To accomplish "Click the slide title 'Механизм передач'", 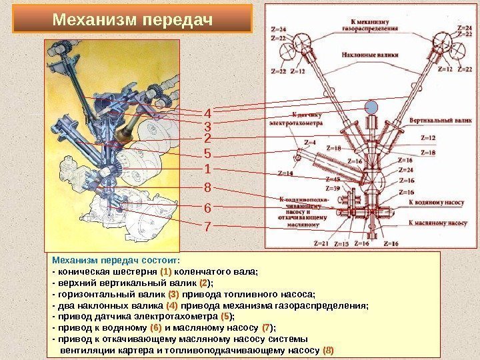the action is (x=133, y=20).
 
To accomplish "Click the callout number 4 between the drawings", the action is (x=207, y=113).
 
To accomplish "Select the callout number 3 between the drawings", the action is (x=207, y=126).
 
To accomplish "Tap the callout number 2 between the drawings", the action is (x=207, y=139).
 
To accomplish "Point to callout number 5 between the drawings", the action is (x=207, y=154).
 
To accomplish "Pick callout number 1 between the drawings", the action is (x=207, y=169).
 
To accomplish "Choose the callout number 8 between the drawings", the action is (x=207, y=187).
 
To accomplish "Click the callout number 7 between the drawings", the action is (x=207, y=226).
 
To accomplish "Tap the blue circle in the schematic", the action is (x=371, y=107).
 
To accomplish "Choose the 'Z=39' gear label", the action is (x=331, y=189).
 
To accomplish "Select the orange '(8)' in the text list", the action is (x=328, y=349).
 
